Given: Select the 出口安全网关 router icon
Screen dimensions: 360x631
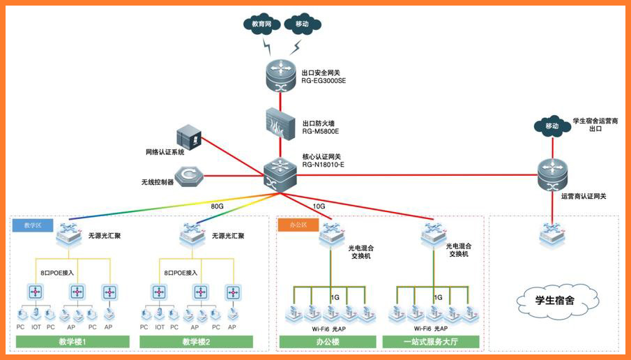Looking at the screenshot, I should coord(282,75).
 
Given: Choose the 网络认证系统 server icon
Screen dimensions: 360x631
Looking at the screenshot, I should coord(189,136).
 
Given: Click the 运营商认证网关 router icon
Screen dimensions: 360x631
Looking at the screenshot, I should coord(554,174).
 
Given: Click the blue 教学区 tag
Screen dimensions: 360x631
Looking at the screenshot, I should coord(33,225).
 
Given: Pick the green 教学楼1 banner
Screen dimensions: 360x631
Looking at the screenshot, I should coord(73,342).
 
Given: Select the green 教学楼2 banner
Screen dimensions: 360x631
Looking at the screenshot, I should coord(196,342).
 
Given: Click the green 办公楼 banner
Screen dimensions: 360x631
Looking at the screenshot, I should coord(327,342).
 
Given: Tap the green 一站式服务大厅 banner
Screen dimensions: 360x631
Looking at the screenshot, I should coord(431,342).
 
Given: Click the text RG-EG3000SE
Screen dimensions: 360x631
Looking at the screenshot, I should coord(324,80).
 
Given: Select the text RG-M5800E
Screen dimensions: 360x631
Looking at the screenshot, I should coord(320,130).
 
